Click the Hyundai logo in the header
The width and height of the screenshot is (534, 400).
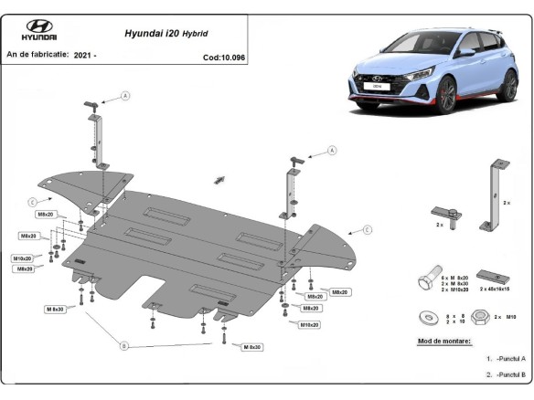(x=41, y=29)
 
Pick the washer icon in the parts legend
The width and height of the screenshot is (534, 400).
(x=427, y=317)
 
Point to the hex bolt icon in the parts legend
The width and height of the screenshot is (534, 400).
(x=427, y=279)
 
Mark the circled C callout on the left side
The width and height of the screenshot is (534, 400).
(x=32, y=201)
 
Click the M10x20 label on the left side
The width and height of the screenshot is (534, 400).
(x=24, y=258)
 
